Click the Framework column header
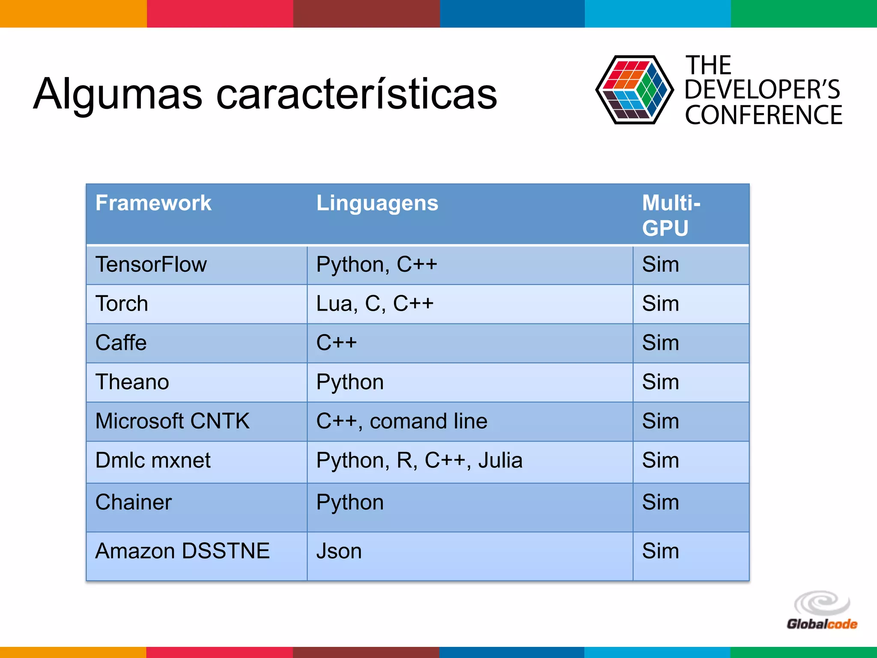coord(153,203)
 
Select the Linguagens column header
coord(377,203)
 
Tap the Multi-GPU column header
coord(671,215)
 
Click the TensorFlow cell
coord(151,264)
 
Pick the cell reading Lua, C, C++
coord(375,304)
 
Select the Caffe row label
coord(121,343)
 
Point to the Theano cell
coord(132,382)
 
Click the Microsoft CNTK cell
coord(172,421)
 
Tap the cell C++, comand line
coord(402,421)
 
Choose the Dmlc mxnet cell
coord(153,461)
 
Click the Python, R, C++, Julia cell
coord(419,461)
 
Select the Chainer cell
coord(134,502)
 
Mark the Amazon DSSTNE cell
coord(182,551)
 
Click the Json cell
coord(339,551)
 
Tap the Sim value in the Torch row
coord(660,304)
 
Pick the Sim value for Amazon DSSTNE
coord(660,551)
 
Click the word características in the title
coord(356,93)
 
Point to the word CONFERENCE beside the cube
coord(763,115)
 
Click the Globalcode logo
coord(822,612)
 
